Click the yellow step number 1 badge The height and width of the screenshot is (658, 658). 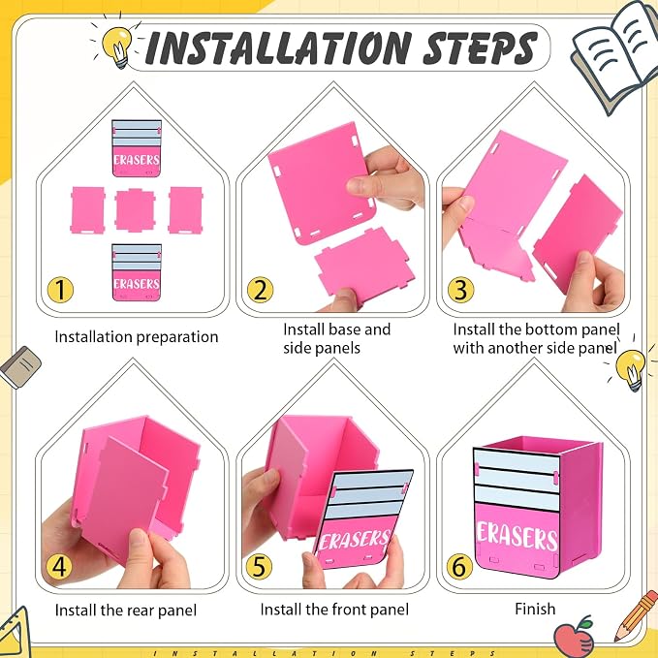[x=60, y=290]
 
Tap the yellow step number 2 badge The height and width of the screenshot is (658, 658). [x=260, y=290]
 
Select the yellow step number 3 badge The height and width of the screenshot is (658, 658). [x=460, y=290]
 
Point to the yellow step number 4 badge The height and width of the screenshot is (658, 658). [x=59, y=566]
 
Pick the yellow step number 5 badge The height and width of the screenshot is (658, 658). [x=259, y=566]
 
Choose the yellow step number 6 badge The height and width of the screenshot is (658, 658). [x=459, y=566]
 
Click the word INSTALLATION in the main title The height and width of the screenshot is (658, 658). [x=279, y=47]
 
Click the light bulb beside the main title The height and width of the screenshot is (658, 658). [x=117, y=46]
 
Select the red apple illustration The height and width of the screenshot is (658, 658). [x=574, y=637]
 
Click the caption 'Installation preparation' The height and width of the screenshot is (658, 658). [x=137, y=337]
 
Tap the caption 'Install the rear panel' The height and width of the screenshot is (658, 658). [x=125, y=611]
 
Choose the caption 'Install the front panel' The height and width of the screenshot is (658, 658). [x=334, y=610]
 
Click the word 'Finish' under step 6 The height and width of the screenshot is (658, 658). [x=535, y=609]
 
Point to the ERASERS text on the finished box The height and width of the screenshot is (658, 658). [x=517, y=537]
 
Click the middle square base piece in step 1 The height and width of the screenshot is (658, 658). [x=135, y=210]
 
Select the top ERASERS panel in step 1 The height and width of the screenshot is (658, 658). [x=137, y=148]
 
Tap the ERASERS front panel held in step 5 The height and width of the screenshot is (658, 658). [x=363, y=519]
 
